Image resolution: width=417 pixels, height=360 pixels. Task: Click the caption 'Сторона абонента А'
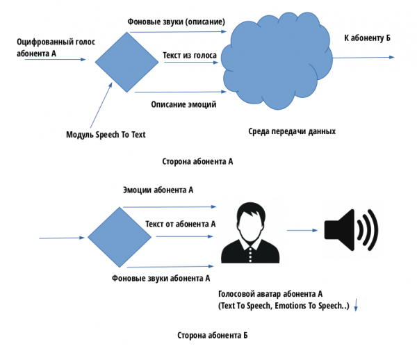pos(199,161)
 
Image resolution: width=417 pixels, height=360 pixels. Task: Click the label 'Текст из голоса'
pos(190,54)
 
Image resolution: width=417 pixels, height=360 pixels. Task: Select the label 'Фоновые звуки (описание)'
pos(177,21)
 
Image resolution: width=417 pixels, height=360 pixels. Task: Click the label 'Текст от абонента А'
pos(181,224)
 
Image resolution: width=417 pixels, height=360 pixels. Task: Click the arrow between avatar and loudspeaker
pos(301,229)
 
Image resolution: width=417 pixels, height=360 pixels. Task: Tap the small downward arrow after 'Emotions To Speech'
pos(356,304)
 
